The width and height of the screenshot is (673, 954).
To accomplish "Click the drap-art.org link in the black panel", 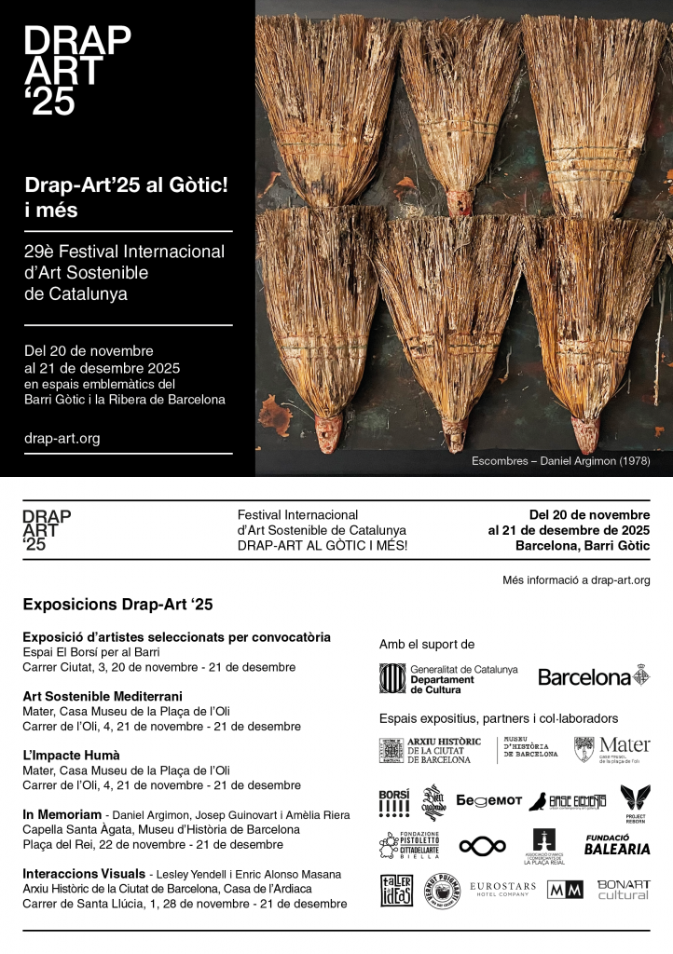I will (x=62, y=438).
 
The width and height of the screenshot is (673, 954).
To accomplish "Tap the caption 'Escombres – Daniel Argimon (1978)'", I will (x=560, y=461).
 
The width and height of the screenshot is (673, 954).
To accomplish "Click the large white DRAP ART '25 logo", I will (x=76, y=71).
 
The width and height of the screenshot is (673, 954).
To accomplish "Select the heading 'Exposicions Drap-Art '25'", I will (x=117, y=605).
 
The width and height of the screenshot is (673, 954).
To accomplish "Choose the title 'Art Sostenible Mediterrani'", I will (x=102, y=696).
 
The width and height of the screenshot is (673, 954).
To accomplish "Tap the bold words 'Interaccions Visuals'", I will (x=83, y=874).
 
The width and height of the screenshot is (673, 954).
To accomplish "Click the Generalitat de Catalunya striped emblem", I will (x=391, y=678).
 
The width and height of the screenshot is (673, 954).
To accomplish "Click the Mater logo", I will (x=611, y=749).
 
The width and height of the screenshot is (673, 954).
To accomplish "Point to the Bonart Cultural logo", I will (x=623, y=889).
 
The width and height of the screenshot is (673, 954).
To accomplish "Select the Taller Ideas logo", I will (x=396, y=891).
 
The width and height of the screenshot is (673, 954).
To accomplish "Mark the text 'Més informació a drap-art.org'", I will (x=576, y=580).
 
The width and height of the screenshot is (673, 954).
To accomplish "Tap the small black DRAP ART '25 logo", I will (x=47, y=531).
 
